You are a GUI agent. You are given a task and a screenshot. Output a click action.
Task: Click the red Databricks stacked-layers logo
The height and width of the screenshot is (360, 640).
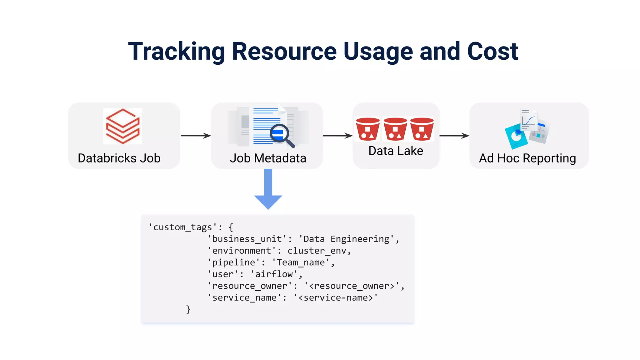(x=122, y=126)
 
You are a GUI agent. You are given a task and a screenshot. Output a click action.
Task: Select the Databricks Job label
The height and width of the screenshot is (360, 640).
(x=119, y=158)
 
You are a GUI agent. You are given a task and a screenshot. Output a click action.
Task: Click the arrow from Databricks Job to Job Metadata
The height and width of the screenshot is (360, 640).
(x=196, y=136)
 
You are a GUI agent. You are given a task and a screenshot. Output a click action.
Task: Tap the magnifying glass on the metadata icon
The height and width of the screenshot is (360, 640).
(x=282, y=135)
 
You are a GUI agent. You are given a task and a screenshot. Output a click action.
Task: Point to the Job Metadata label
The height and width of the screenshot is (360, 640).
(x=268, y=158)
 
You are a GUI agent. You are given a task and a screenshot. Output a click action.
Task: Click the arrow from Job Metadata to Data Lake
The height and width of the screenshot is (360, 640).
(x=337, y=136)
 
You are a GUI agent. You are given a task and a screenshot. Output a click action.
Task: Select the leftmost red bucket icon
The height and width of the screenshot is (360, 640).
(x=367, y=129)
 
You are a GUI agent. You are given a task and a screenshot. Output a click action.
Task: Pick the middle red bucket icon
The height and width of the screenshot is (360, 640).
(x=395, y=129)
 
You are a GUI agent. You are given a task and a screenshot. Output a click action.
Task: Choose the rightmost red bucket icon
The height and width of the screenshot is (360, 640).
(x=422, y=129)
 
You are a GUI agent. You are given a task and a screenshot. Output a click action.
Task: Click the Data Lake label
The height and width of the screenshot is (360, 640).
(x=396, y=151)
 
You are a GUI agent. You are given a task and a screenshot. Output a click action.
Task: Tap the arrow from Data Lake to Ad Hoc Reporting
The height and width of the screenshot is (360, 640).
(x=454, y=136)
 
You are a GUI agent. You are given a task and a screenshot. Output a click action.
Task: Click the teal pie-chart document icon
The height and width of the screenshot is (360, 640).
(x=516, y=136)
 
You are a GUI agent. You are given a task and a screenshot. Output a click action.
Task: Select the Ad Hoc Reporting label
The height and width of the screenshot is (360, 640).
(x=527, y=158)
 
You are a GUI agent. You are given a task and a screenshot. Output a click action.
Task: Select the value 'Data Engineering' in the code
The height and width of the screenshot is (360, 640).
(x=346, y=239)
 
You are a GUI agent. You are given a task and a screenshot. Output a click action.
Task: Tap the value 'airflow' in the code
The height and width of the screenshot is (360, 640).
(x=274, y=274)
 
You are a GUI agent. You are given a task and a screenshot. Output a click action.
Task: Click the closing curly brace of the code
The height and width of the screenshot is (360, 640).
(x=188, y=309)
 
